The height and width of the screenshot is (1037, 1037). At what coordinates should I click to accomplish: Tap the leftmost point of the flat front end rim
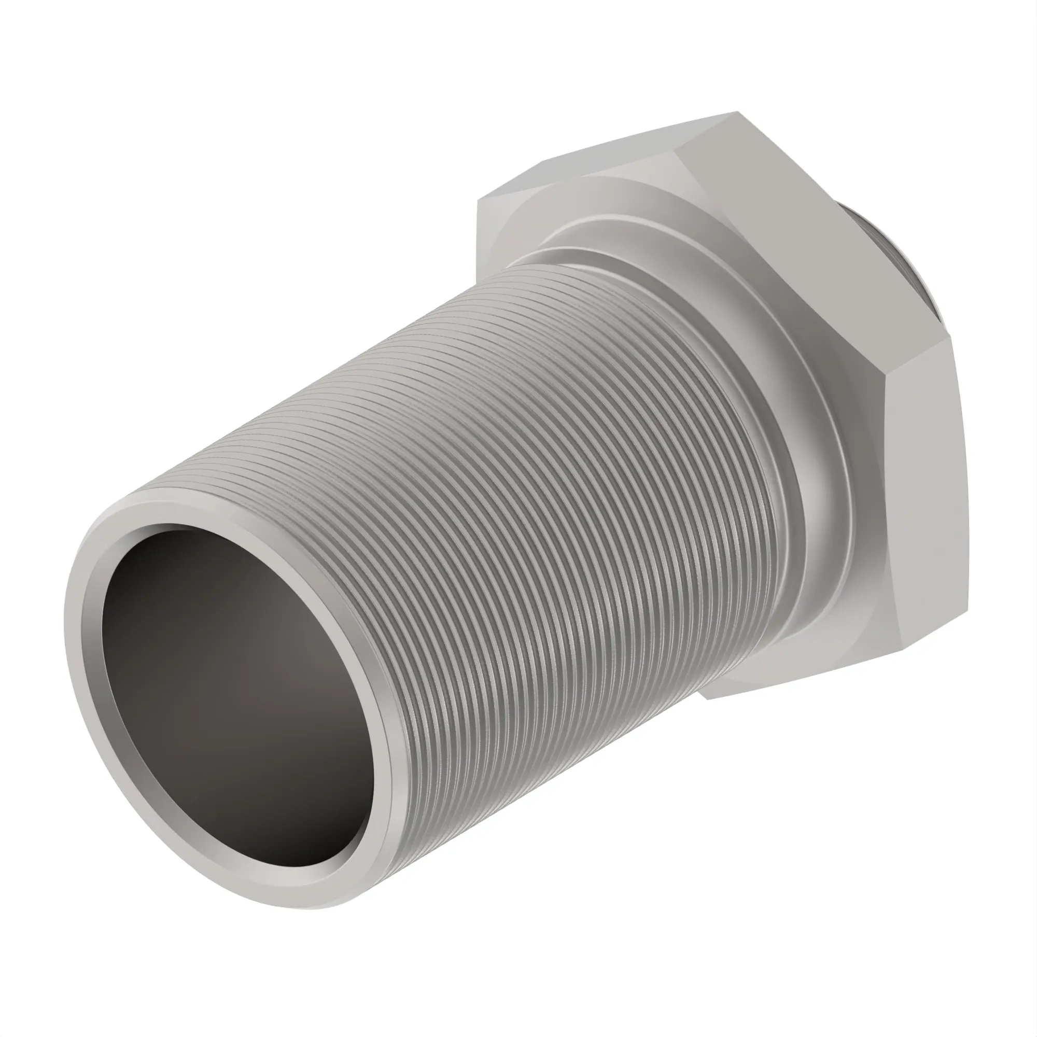[66, 634]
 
